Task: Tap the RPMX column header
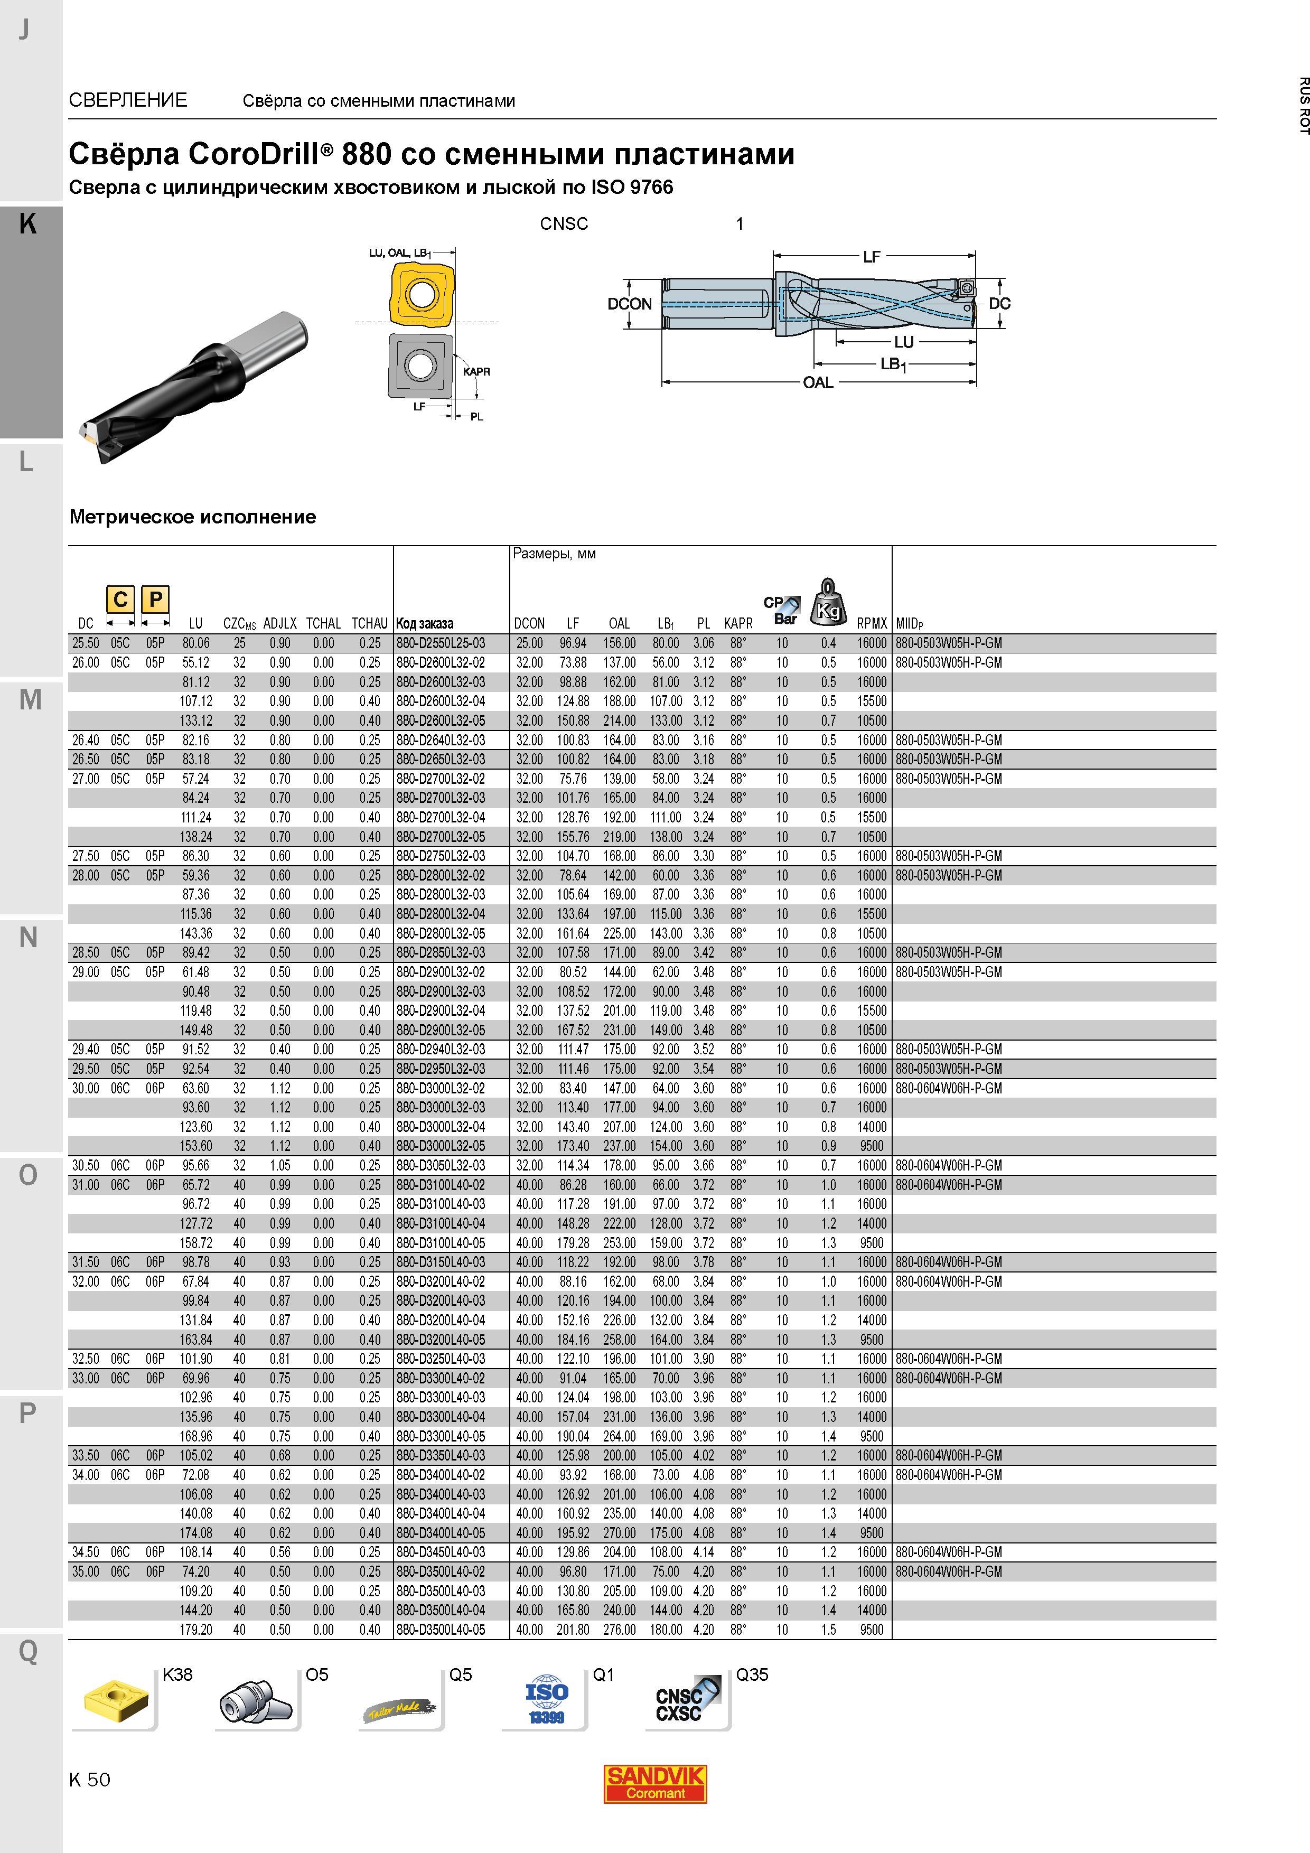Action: pyautogui.click(x=872, y=623)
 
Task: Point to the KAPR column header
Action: pyautogui.click(x=738, y=623)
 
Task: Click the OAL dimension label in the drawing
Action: pyautogui.click(x=818, y=382)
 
